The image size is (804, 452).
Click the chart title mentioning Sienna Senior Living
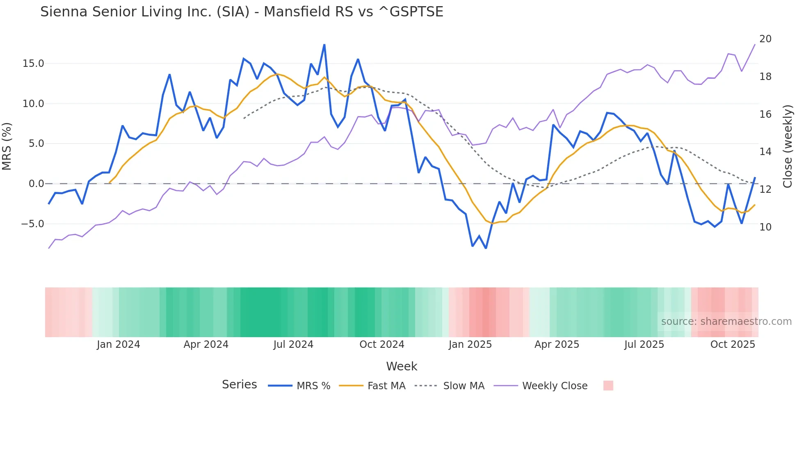tap(242, 12)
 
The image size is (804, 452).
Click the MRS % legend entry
tap(313, 386)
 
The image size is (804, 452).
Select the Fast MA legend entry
tap(386, 386)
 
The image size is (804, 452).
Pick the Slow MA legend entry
tap(464, 386)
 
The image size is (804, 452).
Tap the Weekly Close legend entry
tap(555, 386)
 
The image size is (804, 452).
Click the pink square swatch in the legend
tap(608, 386)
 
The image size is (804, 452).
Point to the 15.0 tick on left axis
tap(33, 64)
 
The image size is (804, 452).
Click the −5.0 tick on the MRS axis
tap(32, 224)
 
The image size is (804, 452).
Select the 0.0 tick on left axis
tap(36, 184)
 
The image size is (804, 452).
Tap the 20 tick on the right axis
tap(765, 39)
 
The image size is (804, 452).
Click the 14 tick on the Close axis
tap(765, 152)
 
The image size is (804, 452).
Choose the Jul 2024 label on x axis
tap(293, 345)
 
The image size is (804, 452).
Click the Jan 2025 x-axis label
tap(470, 345)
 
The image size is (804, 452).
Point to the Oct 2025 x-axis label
tap(733, 345)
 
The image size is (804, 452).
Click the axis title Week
tap(402, 366)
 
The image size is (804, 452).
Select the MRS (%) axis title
tap(7, 146)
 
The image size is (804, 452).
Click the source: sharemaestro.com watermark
tap(726, 322)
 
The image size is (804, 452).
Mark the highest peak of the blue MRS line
tap(324, 45)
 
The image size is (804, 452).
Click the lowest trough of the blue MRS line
tap(486, 248)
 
